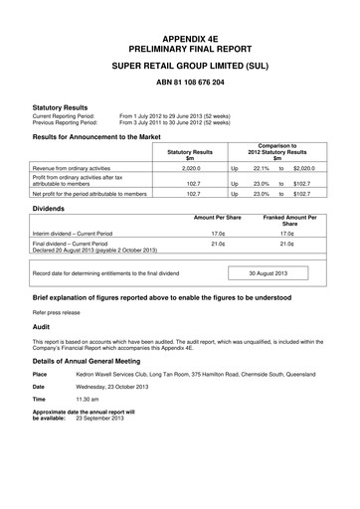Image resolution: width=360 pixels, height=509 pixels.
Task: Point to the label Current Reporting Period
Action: pyautogui.click(x=64, y=115)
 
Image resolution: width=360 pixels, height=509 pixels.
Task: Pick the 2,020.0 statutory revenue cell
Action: pyautogui.click(x=191, y=169)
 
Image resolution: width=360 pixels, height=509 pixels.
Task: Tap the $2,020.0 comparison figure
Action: pyautogui.click(x=303, y=169)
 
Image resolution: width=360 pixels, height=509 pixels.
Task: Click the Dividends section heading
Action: pyautogui.click(x=53, y=209)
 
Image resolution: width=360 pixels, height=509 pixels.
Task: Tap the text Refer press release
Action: pyautogui.click(x=61, y=311)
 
